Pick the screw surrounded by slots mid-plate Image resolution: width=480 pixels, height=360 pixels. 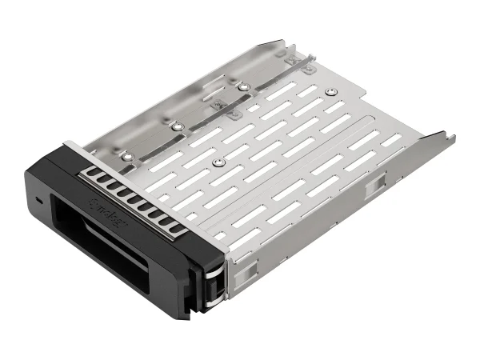[x=217, y=159]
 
